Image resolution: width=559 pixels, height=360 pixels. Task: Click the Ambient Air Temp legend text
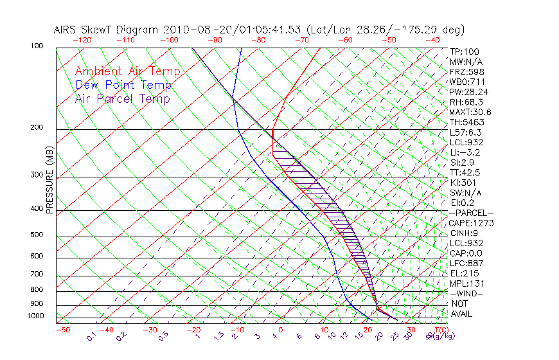click(x=127, y=71)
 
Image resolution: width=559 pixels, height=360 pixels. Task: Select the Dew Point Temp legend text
click(x=123, y=85)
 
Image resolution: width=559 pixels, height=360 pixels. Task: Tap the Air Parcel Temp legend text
click(x=122, y=98)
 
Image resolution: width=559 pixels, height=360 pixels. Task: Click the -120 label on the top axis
click(x=82, y=39)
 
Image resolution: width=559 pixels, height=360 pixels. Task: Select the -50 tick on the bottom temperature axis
click(x=62, y=330)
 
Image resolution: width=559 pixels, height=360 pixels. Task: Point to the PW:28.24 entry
click(x=469, y=92)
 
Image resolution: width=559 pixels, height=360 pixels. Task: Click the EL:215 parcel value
click(x=463, y=273)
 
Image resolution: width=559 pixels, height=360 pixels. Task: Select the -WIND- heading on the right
click(x=466, y=293)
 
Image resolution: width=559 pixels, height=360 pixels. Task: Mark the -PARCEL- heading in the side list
click(x=471, y=213)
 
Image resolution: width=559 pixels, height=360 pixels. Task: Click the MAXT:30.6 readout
click(x=470, y=113)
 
